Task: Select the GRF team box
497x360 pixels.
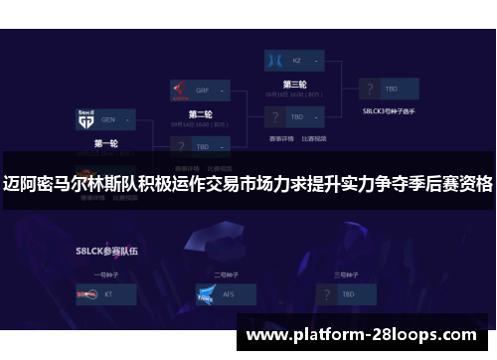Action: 201,88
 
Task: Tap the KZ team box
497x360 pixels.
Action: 295,61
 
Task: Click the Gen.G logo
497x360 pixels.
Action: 84,120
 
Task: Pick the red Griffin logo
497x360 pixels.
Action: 179,89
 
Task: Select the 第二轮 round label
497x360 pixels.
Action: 200,113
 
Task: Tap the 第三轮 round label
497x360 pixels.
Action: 295,85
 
